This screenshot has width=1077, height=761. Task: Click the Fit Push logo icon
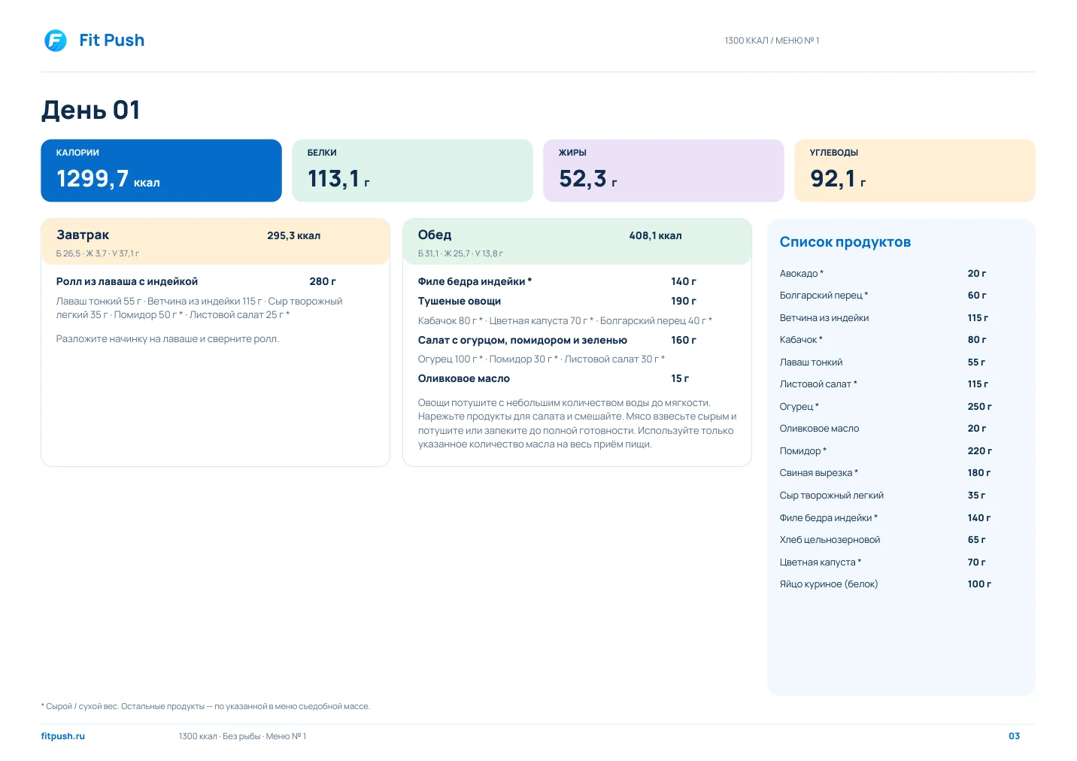click(56, 41)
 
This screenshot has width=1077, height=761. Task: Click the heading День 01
click(90, 110)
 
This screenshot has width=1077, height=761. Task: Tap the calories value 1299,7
click(93, 179)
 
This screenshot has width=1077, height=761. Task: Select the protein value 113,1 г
click(338, 179)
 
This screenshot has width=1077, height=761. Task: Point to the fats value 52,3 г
click(587, 179)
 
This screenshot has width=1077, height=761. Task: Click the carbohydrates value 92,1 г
click(838, 179)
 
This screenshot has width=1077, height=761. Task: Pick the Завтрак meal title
click(83, 235)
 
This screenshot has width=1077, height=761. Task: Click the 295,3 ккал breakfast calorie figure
click(294, 235)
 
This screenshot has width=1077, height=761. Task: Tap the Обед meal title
click(435, 235)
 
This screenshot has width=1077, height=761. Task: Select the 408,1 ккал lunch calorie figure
click(655, 235)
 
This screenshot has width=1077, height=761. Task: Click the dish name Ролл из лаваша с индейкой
click(127, 281)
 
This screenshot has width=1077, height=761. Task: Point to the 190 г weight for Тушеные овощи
click(683, 301)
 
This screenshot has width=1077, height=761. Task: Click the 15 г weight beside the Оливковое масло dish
click(680, 378)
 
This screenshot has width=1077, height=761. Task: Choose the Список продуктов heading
click(845, 242)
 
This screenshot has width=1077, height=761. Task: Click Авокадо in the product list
click(799, 274)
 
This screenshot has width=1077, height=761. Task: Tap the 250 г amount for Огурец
click(979, 406)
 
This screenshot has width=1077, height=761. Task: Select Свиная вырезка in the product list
click(816, 472)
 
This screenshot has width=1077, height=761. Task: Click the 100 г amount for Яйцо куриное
click(979, 584)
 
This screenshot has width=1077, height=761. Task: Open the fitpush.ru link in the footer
click(63, 736)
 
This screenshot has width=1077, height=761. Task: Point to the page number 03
click(1014, 736)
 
